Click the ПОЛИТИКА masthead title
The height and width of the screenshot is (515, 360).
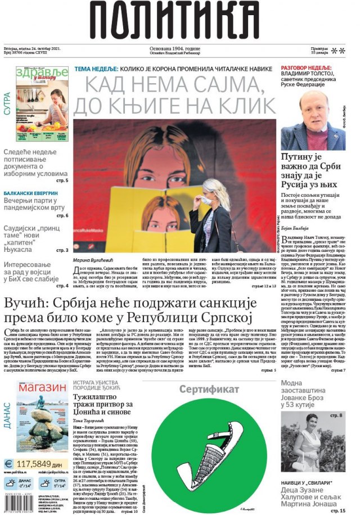click(179, 21)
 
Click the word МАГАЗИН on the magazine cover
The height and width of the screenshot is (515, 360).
click(41, 388)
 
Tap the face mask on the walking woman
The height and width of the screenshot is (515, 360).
click(207, 199)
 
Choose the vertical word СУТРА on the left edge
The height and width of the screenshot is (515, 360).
click(7, 104)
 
